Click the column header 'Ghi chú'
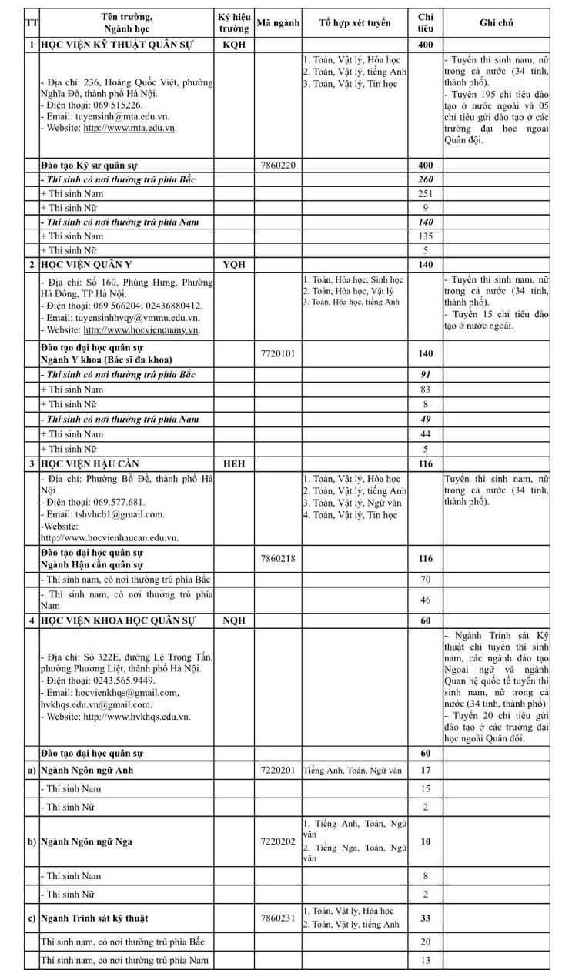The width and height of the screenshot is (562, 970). [x=497, y=23]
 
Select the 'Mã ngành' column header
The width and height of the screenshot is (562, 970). [x=278, y=23]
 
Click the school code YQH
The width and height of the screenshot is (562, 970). [x=233, y=264]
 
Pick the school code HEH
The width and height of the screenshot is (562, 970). [x=233, y=464]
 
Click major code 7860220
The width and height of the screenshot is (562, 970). [x=278, y=166]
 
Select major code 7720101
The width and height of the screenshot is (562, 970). [x=278, y=353]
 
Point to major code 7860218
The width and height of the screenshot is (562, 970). [x=278, y=558]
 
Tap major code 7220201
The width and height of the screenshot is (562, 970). [x=278, y=770]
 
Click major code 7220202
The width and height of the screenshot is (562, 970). [x=278, y=841]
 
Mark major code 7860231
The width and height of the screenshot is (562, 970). [x=278, y=918]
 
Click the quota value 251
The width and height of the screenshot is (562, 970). [x=426, y=193]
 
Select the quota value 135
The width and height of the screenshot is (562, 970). [x=426, y=236]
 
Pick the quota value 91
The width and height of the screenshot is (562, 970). [x=426, y=375]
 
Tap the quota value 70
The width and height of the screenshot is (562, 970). [x=426, y=578]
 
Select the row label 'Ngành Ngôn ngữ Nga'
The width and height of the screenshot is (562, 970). [x=86, y=841]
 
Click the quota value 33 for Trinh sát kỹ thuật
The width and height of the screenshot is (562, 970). [x=426, y=918]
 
